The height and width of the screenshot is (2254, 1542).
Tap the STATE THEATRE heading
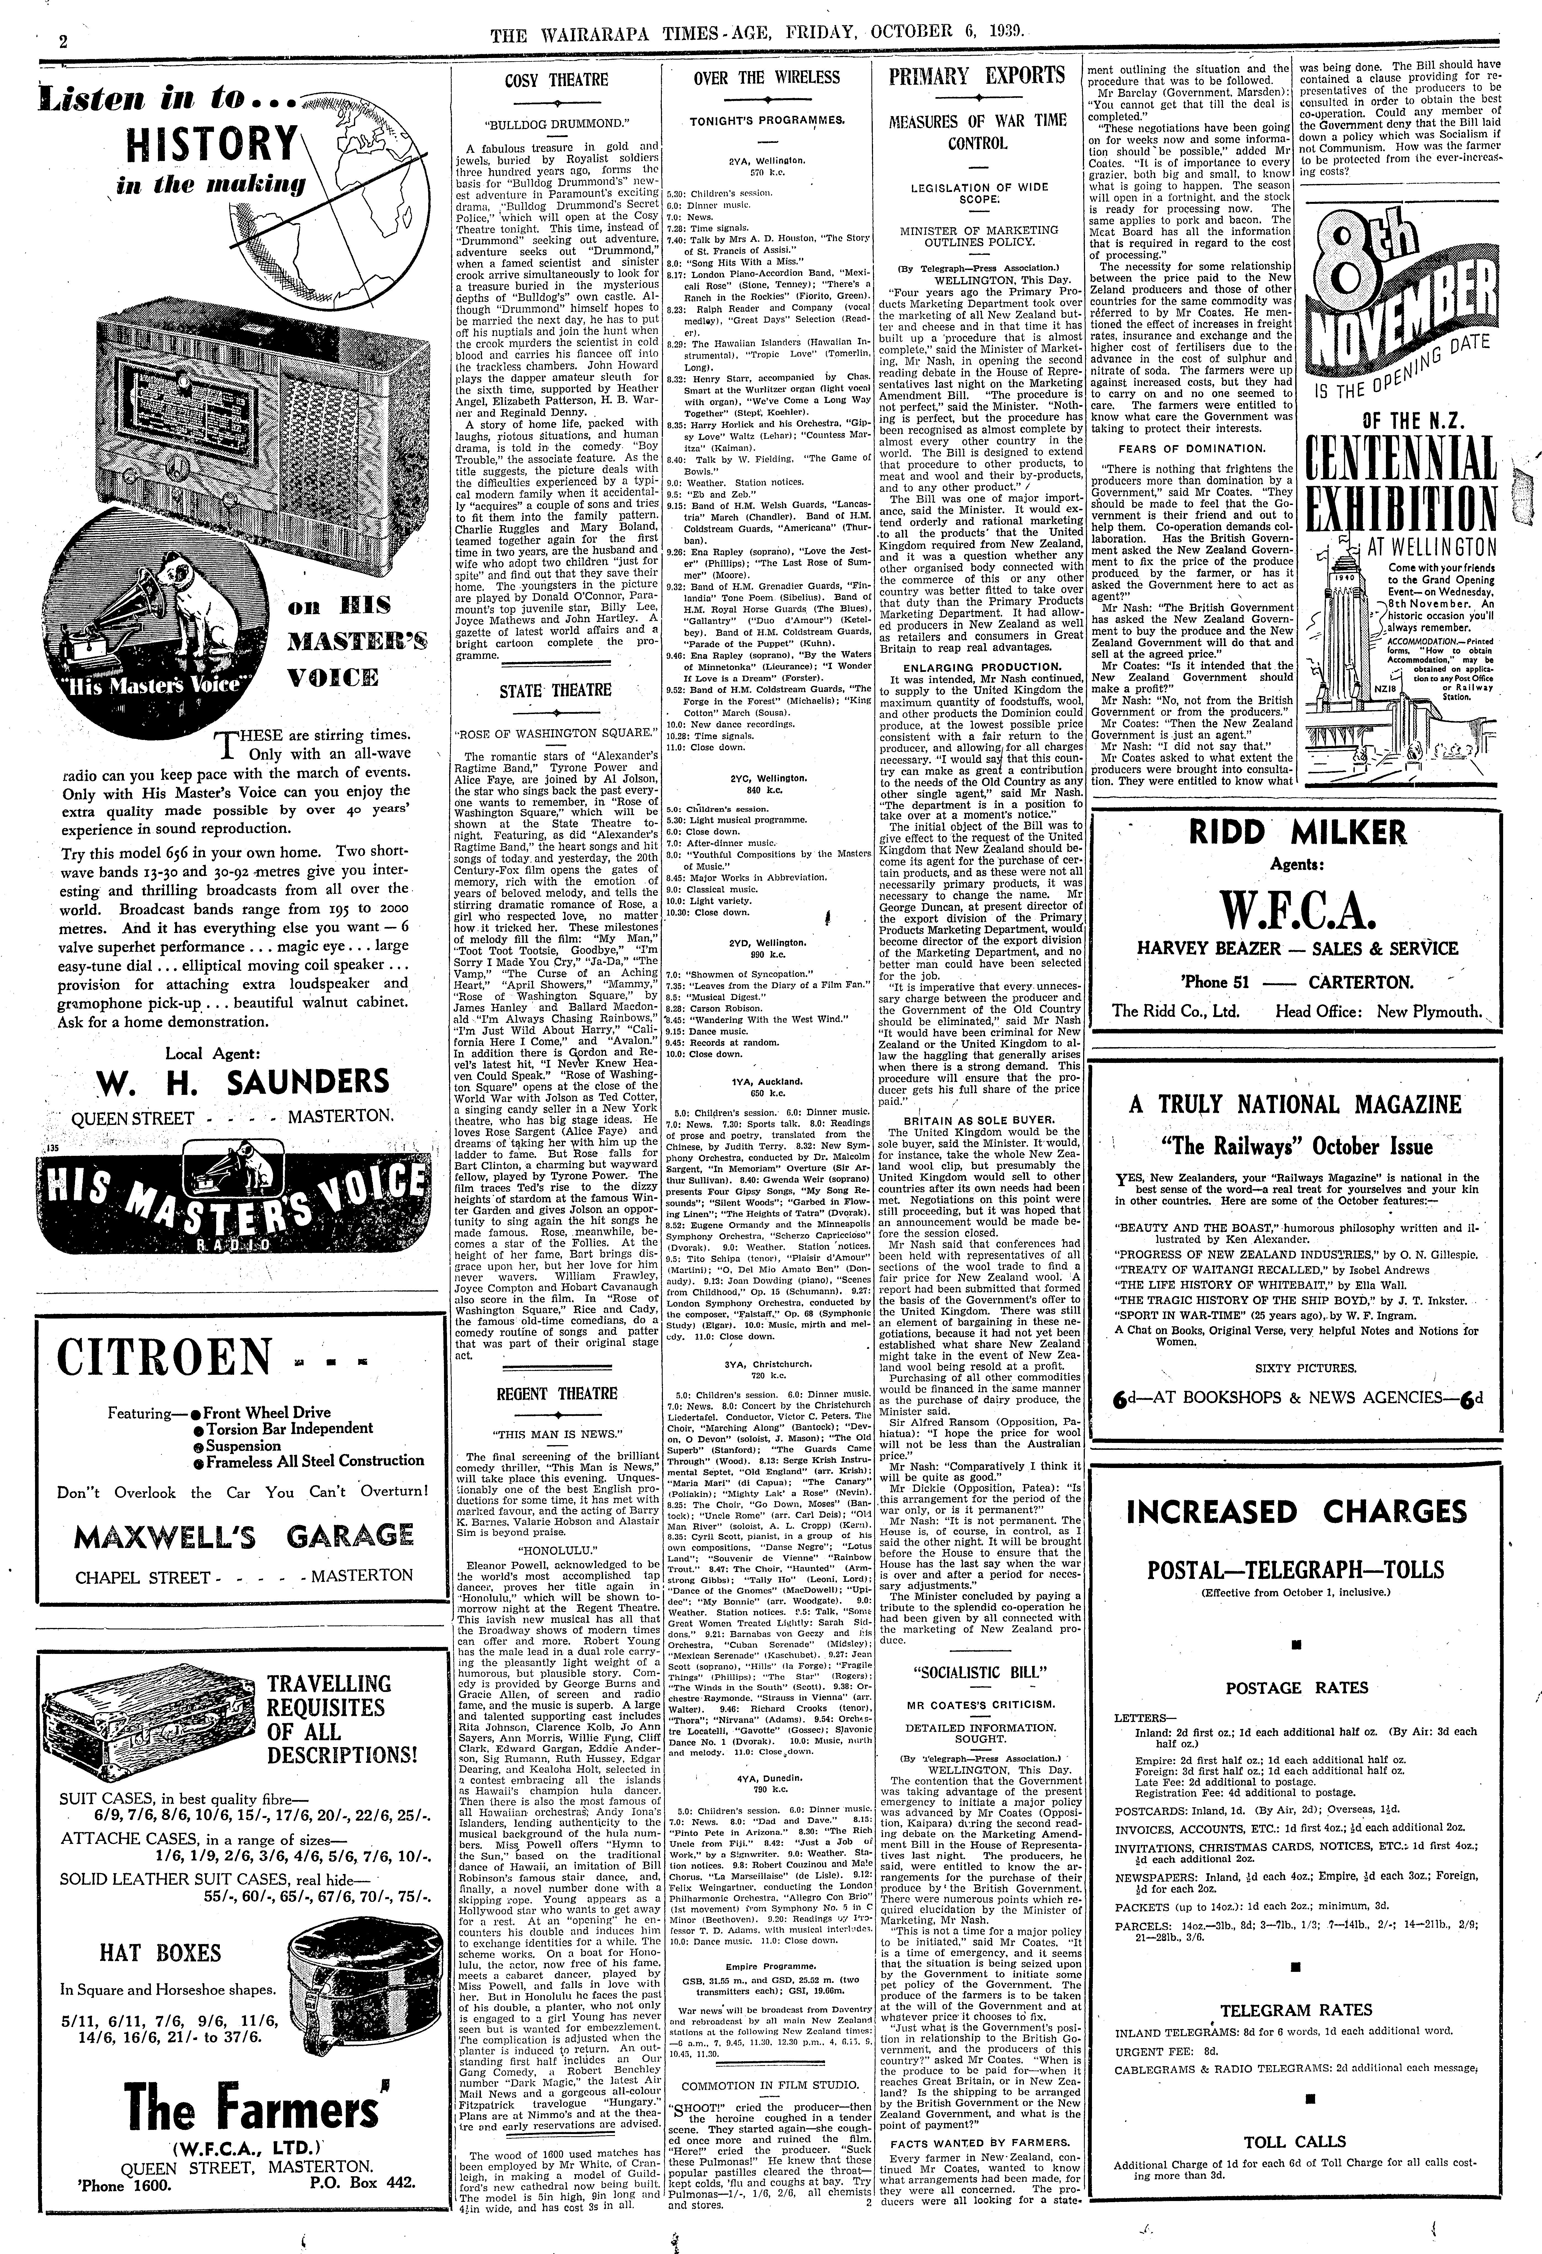556,691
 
